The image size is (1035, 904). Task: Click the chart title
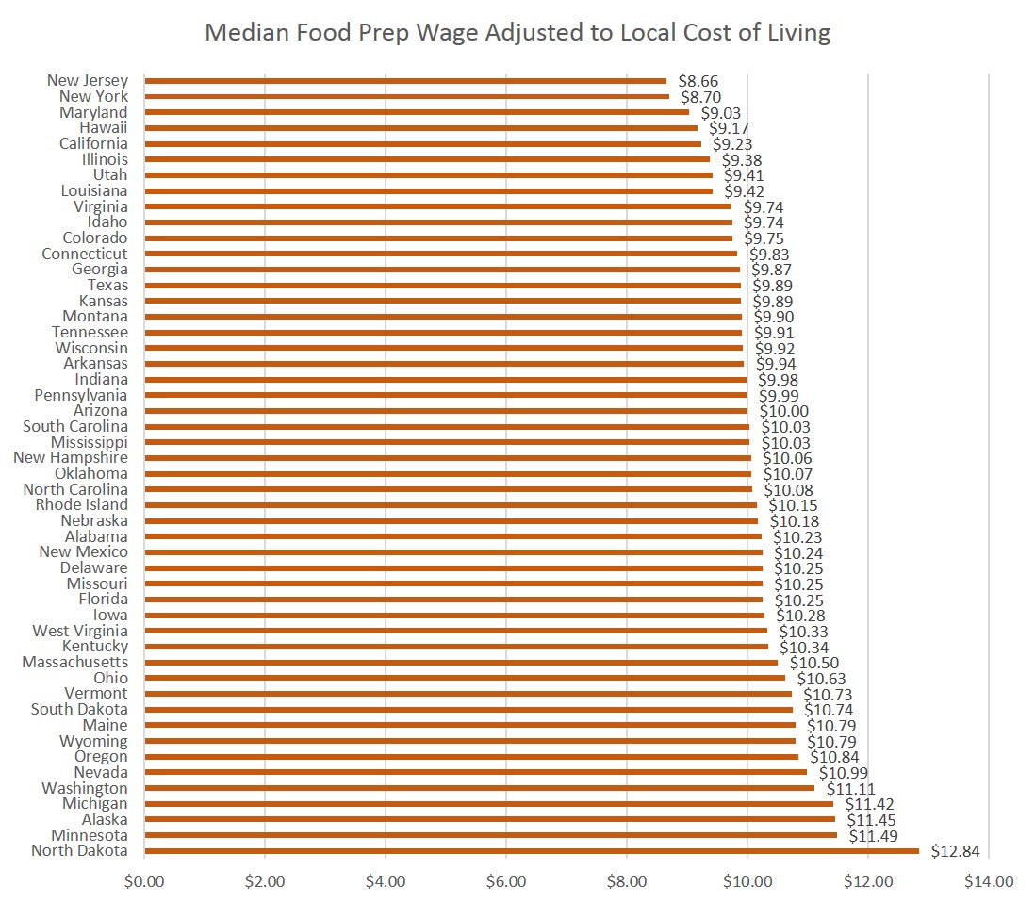tap(517, 33)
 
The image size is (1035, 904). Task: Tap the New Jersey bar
tap(405, 81)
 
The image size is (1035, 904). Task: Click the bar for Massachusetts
tap(461, 663)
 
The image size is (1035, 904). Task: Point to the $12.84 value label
tap(955, 852)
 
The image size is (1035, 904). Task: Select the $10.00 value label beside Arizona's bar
tap(783, 412)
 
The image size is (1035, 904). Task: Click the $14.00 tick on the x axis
tap(989, 882)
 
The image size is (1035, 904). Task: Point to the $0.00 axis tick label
tap(144, 882)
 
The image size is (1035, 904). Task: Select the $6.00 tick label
tap(506, 882)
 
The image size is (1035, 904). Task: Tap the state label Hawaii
tap(104, 128)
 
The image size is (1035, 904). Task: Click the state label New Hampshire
tap(71, 458)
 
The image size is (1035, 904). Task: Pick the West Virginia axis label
tap(80, 631)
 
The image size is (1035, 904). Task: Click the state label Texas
tap(107, 285)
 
